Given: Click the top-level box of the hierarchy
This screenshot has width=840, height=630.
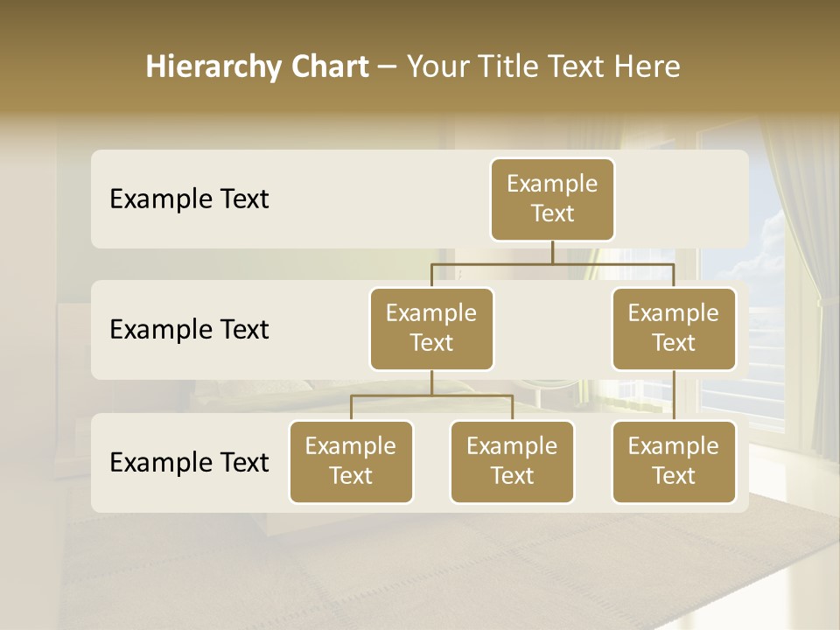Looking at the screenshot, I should coord(552,199).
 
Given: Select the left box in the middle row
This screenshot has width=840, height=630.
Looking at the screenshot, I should coord(431,328).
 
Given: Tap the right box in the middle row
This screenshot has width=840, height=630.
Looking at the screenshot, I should coord(674,328).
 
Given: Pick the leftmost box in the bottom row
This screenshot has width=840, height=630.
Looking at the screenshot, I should coord(351,461).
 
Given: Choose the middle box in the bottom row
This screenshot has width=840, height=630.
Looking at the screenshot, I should coord(512,461).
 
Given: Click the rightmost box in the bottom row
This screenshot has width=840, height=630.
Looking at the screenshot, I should coord(674,461).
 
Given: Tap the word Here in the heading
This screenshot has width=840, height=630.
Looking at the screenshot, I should coord(647,66).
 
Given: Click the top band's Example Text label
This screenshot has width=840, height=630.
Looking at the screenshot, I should coord(189,199).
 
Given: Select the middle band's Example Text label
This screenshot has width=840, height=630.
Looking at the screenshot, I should coord(189,329).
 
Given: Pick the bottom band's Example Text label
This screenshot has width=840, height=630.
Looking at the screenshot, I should coord(189,462).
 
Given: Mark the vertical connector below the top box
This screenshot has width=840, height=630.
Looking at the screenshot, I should coord(552,252).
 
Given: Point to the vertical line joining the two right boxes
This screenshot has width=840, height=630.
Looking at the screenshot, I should coord(674,395).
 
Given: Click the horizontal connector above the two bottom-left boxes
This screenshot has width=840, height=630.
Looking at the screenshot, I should coord(431,395).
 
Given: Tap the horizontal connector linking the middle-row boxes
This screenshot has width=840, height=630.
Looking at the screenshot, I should coord(552,263).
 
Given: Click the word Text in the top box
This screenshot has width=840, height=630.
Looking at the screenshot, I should coord(552,213).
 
